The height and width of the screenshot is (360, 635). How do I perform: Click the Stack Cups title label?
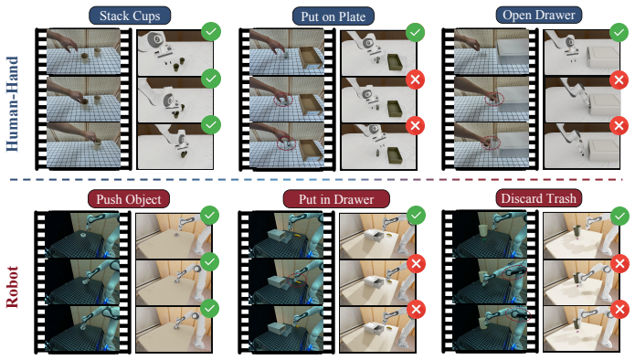click(130, 16)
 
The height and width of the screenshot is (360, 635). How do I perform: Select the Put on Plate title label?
click(333, 16)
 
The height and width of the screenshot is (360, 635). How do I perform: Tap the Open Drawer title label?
click(539, 16)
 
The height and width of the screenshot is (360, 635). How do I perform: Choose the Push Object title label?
click(129, 199)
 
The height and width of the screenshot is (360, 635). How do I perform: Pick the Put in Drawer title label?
click(336, 199)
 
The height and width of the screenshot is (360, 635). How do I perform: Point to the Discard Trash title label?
click(539, 198)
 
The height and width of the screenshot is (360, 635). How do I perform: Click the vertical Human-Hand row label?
click(13, 103)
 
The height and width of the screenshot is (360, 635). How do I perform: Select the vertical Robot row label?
click(13, 287)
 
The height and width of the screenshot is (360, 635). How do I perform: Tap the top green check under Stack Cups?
click(211, 32)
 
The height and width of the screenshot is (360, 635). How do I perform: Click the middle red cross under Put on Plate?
click(415, 79)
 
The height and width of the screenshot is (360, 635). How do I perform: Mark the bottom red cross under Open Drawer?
click(619, 125)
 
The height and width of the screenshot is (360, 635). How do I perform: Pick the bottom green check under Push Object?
click(209, 309)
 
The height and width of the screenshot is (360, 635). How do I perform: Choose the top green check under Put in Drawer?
click(416, 216)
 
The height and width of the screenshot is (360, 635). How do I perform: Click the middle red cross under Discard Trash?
click(619, 264)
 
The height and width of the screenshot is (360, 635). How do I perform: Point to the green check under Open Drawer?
click(619, 32)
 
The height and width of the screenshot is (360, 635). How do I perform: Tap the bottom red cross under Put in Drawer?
click(416, 310)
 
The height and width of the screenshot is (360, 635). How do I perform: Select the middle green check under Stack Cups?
click(211, 79)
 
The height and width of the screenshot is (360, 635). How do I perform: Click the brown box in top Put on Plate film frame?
click(311, 58)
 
